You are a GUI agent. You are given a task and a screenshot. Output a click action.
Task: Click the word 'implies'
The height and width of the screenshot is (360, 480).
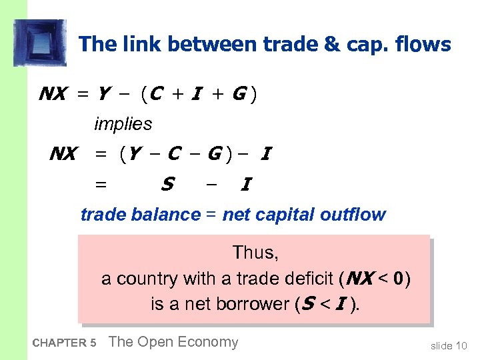(x=123, y=124)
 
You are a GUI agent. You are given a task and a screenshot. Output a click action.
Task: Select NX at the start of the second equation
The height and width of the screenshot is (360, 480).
(x=63, y=155)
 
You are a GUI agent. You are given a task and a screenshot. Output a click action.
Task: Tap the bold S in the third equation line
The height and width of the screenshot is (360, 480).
(x=167, y=183)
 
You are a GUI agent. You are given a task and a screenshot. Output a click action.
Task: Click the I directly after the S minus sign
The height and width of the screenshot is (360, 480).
(x=245, y=183)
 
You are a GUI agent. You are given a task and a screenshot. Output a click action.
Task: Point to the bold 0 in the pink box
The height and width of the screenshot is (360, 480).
(x=397, y=278)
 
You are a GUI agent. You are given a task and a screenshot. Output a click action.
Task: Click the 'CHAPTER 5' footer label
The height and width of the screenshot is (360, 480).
(x=64, y=343)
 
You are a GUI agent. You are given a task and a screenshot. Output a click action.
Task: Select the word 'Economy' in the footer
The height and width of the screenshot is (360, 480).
(x=207, y=342)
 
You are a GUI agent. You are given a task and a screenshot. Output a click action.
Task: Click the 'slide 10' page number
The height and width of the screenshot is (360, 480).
(x=449, y=345)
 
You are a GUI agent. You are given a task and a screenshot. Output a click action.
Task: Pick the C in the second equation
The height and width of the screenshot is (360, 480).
(x=173, y=155)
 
